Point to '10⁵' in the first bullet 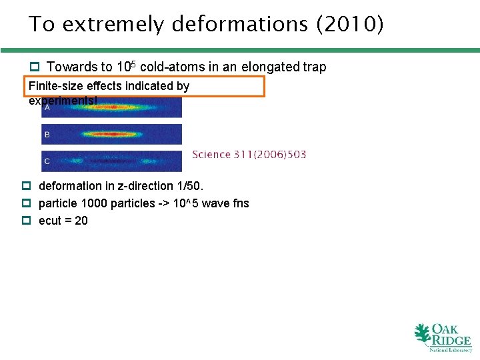(126, 67)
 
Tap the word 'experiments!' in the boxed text (63, 101)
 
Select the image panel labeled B (111, 135)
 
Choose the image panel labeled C (111, 161)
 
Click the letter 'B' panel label (47, 135)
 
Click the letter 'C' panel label (47, 161)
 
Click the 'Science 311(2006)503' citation (249, 155)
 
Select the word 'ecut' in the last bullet (51, 221)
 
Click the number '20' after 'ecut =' (81, 221)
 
